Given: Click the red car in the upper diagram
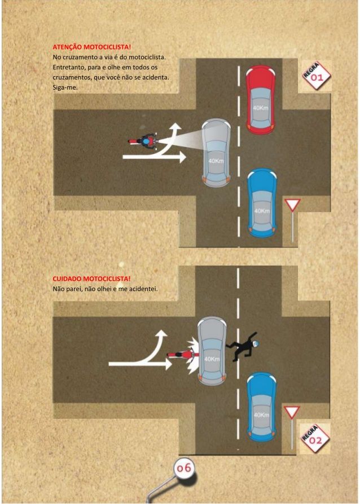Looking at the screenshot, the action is pyautogui.click(x=261, y=100).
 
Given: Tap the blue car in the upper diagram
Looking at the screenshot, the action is pyautogui.click(x=262, y=203).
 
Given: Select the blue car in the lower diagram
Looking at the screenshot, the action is pyautogui.click(x=261, y=407).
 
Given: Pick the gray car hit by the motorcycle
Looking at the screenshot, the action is pyautogui.click(x=212, y=351).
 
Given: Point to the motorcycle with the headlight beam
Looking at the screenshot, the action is pyautogui.click(x=143, y=141).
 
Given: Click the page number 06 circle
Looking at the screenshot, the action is pyautogui.click(x=185, y=468).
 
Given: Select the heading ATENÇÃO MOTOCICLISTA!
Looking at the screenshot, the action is pyautogui.click(x=91, y=47).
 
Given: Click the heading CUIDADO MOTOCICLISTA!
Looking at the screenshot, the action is pyautogui.click(x=91, y=278).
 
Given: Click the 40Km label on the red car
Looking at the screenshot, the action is pyautogui.click(x=261, y=108).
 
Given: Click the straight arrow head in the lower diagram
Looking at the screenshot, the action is pyautogui.click(x=168, y=364).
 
